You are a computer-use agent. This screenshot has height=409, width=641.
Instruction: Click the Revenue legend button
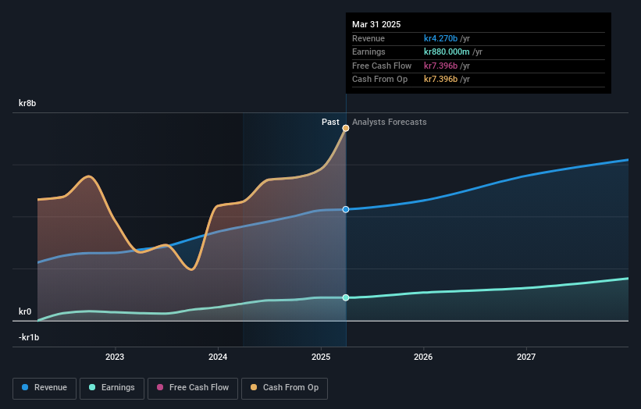pyautogui.click(x=45, y=387)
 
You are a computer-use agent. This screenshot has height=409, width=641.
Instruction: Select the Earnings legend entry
pyautogui.click(x=112, y=387)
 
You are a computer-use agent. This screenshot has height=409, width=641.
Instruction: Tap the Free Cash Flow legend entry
pyautogui.click(x=193, y=387)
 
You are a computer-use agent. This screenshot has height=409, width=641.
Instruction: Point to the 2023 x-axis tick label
pyautogui.click(x=115, y=357)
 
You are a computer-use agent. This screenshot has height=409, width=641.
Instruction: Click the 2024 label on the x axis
pyautogui.click(x=218, y=357)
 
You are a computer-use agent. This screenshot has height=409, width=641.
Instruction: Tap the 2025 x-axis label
pyautogui.click(x=321, y=357)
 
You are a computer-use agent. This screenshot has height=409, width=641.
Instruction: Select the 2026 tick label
pyautogui.click(x=423, y=357)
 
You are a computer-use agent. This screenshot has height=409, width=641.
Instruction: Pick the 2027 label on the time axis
pyautogui.click(x=526, y=357)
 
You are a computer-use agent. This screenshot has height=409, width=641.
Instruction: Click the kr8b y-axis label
pyautogui.click(x=28, y=103)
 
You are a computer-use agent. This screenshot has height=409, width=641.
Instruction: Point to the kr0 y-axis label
pyautogui.click(x=25, y=311)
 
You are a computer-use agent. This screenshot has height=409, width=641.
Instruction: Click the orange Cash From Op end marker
pyautogui.click(x=345, y=127)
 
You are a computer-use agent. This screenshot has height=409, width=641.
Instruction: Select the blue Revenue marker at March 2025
pyautogui.click(x=345, y=209)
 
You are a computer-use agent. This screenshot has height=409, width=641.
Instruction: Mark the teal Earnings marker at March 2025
pyautogui.click(x=345, y=297)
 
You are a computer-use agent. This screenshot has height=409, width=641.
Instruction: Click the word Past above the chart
pyautogui.click(x=330, y=122)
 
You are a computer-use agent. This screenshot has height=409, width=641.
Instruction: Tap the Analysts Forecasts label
pyautogui.click(x=390, y=122)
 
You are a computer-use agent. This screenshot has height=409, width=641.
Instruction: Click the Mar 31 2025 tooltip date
pyautogui.click(x=376, y=24)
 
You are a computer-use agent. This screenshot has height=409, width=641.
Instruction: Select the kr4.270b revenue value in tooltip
pyautogui.click(x=440, y=38)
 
